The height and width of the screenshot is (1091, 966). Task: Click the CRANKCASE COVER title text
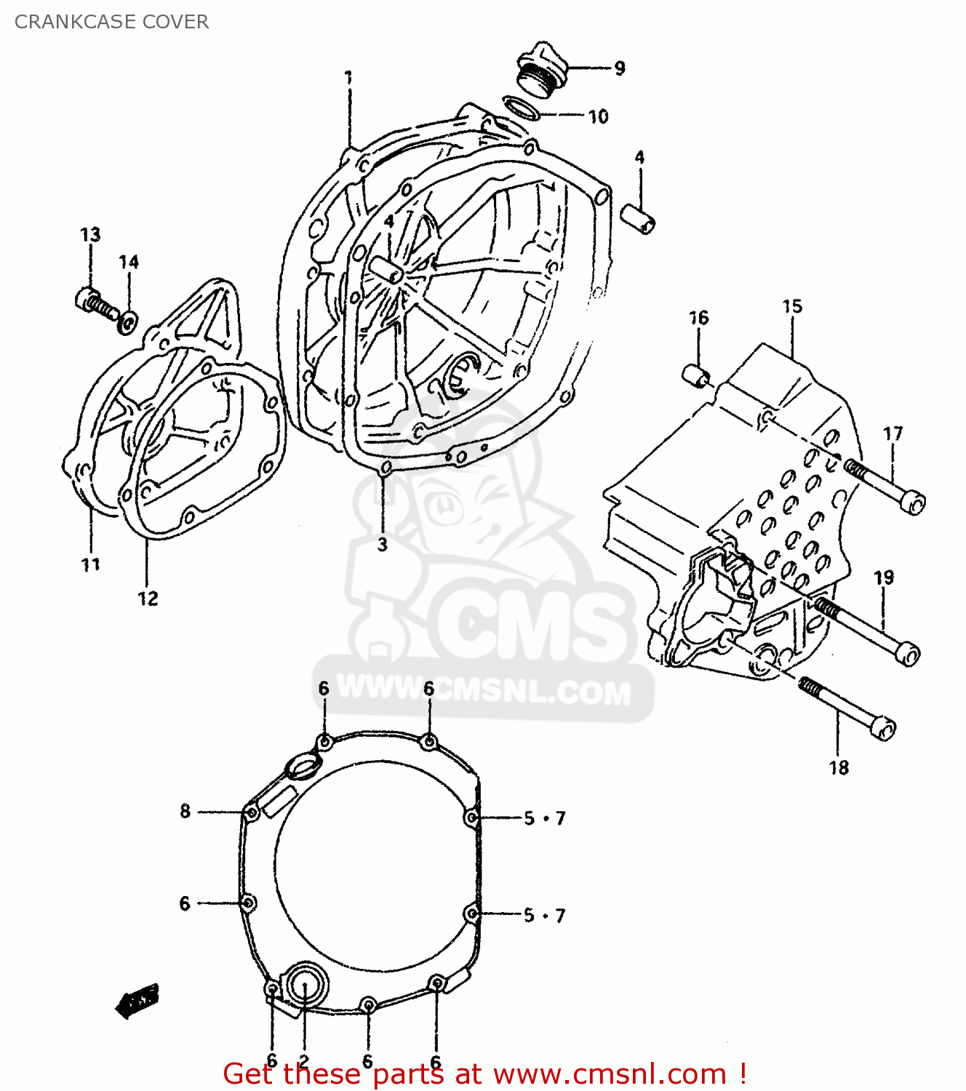coord(111,22)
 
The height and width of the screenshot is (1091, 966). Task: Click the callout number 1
coord(348,77)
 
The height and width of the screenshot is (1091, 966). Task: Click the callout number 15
coord(792,306)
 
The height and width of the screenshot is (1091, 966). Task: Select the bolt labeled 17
coord(887,485)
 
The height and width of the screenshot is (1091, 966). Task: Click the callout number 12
coord(148,599)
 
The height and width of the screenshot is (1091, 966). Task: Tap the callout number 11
coord(90,564)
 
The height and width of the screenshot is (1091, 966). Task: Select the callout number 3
coord(383,544)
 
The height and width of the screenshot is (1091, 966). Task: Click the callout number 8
coord(185,811)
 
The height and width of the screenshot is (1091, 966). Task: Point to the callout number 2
coord(304,1061)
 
